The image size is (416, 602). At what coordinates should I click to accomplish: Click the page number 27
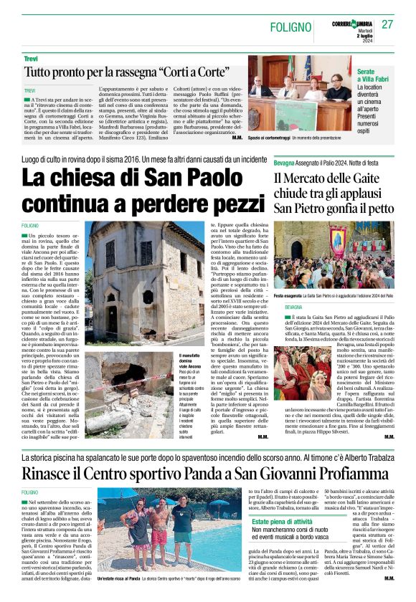tap(388, 24)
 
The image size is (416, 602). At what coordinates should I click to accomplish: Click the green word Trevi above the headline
tap(31, 57)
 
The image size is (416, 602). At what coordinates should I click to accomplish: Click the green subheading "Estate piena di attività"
tap(282, 522)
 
